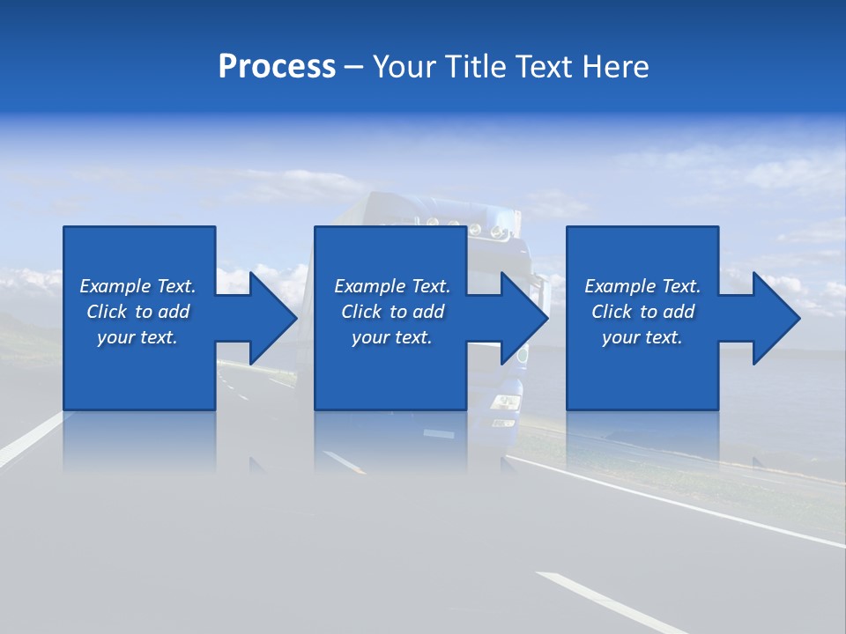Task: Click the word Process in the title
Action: click(277, 67)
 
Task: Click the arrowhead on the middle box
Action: click(516, 318)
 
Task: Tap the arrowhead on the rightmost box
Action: click(768, 318)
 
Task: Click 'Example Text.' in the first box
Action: click(137, 286)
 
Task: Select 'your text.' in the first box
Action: click(137, 337)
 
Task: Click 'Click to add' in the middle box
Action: click(392, 312)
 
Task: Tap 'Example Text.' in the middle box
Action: click(392, 286)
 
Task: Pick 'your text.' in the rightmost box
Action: click(642, 337)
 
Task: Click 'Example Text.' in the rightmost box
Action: click(642, 286)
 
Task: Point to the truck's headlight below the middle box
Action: click(506, 403)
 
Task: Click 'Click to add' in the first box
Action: click(137, 312)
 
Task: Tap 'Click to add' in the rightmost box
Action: click(642, 312)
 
